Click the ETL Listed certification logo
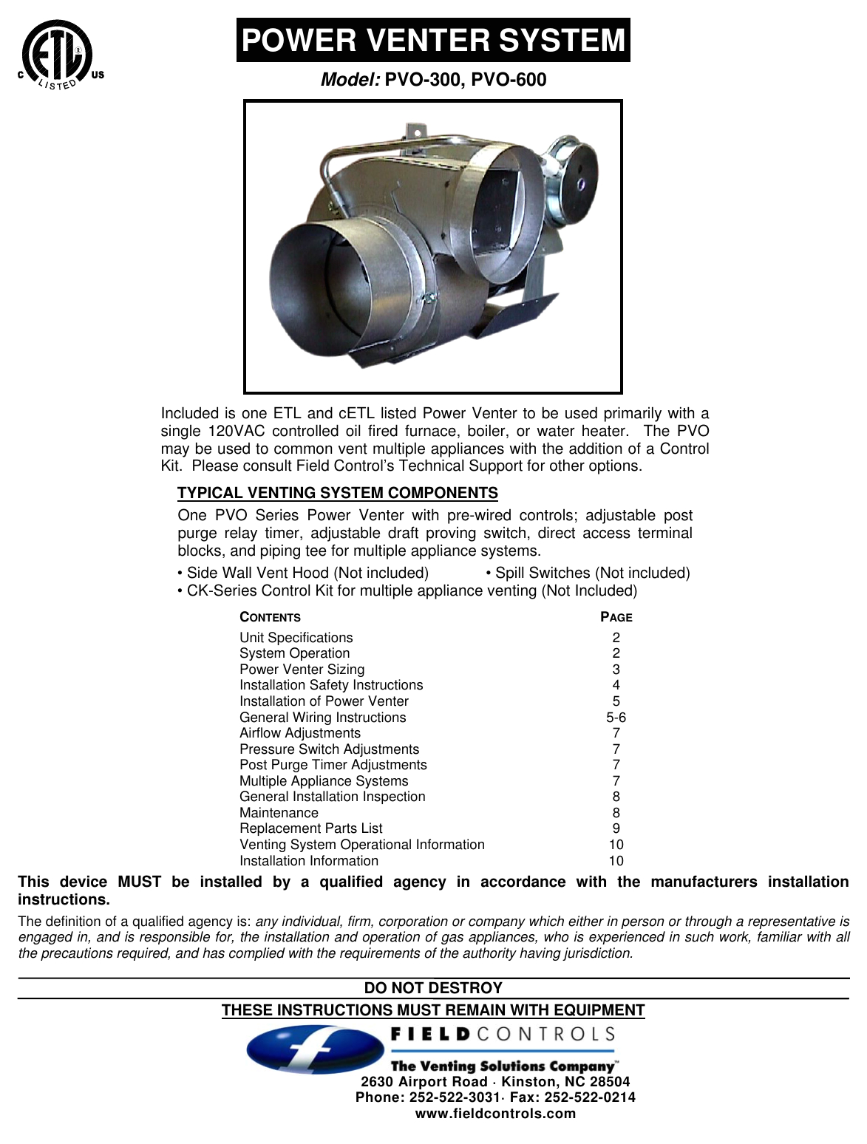(x=58, y=55)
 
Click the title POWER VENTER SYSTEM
(x=433, y=40)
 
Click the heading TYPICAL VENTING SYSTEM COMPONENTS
(x=338, y=493)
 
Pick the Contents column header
(x=271, y=617)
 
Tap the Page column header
(x=616, y=617)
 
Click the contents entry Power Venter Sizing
(x=302, y=670)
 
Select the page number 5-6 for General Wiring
(x=616, y=718)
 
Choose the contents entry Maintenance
(x=279, y=813)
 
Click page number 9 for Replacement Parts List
(x=616, y=828)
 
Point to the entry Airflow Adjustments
(x=300, y=733)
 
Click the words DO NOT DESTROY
(x=433, y=988)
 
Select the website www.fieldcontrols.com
(x=495, y=1114)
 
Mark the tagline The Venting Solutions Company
(x=503, y=1066)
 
